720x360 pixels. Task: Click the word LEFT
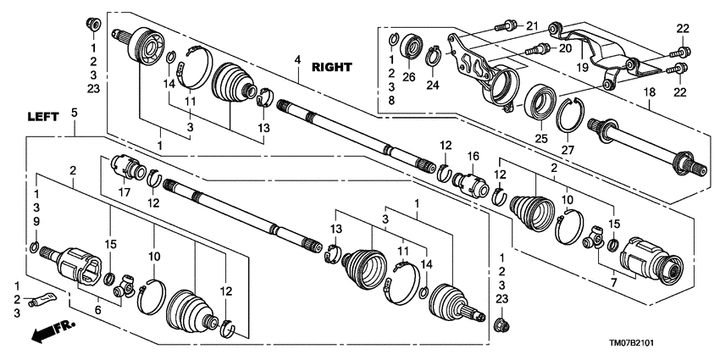click(x=42, y=118)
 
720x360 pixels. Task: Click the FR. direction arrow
click(x=52, y=330)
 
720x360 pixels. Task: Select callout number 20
click(x=565, y=49)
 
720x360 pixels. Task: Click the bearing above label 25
click(x=536, y=102)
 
